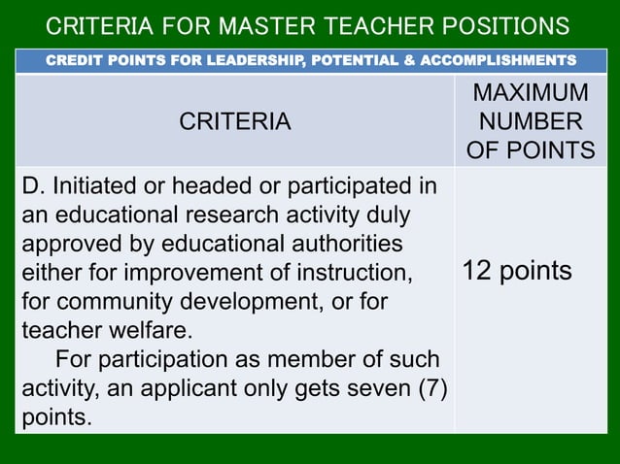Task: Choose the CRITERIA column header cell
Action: click(234, 121)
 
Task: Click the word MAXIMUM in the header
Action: click(531, 94)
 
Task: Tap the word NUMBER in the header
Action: click(531, 121)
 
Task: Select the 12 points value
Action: click(517, 271)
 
